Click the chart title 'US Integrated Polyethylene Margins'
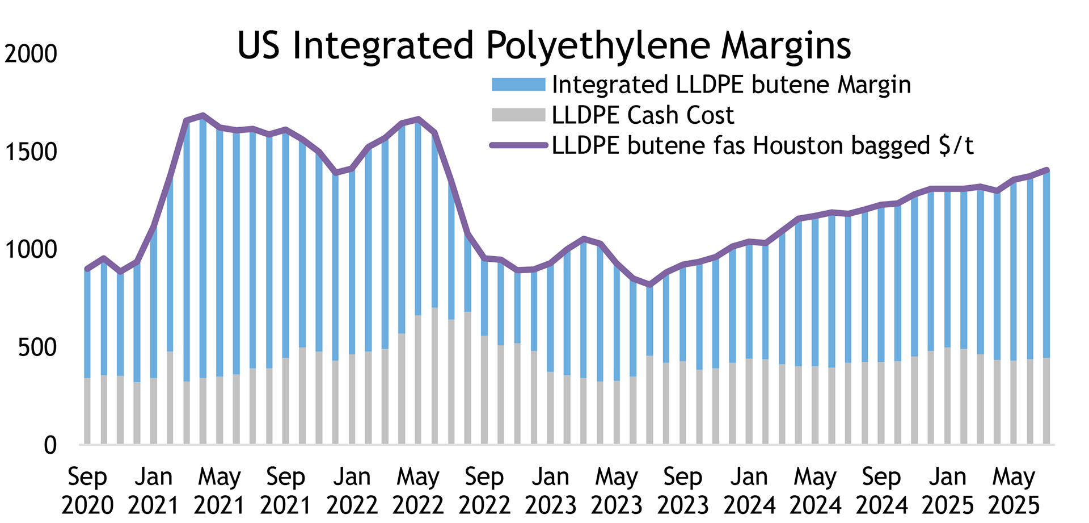click(x=543, y=45)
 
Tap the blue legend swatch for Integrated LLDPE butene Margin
click(x=518, y=85)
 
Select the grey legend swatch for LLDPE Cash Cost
click(x=518, y=115)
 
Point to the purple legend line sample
click(x=518, y=145)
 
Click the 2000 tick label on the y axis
click(x=31, y=54)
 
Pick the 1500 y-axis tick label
click(x=31, y=152)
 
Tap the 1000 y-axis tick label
click(x=31, y=250)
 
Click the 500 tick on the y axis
click(x=37, y=348)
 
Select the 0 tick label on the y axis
click(x=50, y=446)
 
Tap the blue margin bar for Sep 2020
click(x=87, y=324)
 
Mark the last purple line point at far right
click(x=1046, y=170)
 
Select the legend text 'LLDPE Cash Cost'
click(x=643, y=115)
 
